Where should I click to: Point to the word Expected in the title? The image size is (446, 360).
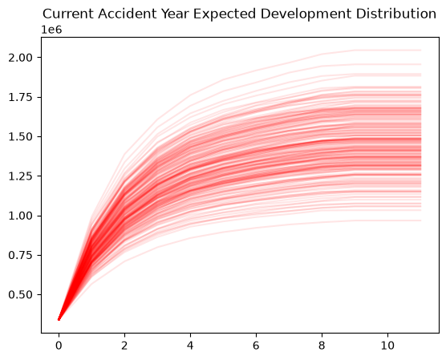(225, 14)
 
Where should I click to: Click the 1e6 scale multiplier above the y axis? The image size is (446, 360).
(51, 30)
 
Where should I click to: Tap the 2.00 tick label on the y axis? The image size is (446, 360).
(21, 58)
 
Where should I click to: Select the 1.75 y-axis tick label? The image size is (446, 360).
(21, 97)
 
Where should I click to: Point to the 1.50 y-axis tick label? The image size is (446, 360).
(21, 137)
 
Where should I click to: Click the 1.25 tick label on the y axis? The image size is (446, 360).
(21, 176)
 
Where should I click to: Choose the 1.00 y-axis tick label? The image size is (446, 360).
(21, 216)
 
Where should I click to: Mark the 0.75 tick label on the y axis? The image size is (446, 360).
(21, 255)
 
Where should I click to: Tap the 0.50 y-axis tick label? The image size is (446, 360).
(21, 295)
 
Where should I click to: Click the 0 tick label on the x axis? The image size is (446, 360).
(59, 346)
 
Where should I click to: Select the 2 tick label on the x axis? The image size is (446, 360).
(124, 346)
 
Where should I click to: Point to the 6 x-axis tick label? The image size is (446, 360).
(256, 346)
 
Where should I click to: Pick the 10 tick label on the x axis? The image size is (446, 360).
(387, 346)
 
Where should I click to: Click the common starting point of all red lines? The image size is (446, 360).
(59, 319)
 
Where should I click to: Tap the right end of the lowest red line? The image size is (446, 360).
(420, 220)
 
